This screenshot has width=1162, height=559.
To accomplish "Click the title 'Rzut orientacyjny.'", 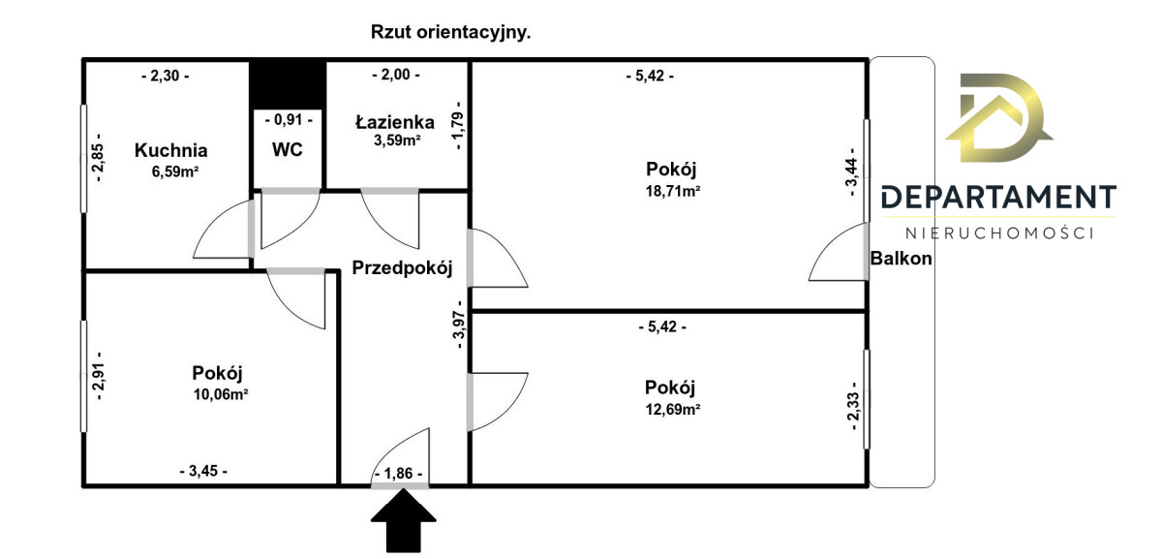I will (x=451, y=32).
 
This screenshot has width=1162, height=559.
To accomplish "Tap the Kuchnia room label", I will (x=170, y=150).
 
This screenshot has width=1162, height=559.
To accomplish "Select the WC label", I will (x=288, y=150).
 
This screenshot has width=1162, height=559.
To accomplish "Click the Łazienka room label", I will (x=394, y=122).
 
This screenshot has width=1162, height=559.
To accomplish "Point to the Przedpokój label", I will (x=402, y=268).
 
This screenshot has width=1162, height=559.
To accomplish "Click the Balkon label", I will (x=902, y=259).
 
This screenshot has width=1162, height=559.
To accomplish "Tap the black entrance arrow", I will (x=401, y=519).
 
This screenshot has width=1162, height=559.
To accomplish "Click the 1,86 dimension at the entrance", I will (x=398, y=473).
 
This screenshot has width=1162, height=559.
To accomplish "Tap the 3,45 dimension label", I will (x=203, y=471).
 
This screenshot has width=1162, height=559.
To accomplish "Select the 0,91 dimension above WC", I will (x=288, y=121).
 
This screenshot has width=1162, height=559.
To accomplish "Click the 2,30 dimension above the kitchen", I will (x=165, y=75).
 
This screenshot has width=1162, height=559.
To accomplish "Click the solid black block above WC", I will (x=287, y=84).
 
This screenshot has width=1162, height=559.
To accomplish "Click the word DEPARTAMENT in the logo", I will (x=998, y=198).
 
